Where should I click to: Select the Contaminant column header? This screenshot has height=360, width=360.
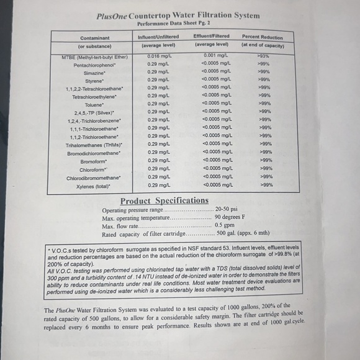click(94, 37)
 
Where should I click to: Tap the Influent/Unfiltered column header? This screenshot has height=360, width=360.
click(159, 37)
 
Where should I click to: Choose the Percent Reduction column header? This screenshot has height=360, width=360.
click(262, 37)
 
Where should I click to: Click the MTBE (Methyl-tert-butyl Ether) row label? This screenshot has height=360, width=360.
click(95, 56)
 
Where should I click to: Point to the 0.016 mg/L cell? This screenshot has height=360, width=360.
click(158, 56)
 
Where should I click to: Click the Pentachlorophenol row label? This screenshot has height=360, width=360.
click(95, 65)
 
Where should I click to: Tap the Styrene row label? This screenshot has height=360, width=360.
click(95, 81)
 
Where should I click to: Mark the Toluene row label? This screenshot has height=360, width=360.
click(95, 105)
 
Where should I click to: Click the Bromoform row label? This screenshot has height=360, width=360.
click(95, 161)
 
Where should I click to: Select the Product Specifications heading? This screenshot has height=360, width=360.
click(164, 200)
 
